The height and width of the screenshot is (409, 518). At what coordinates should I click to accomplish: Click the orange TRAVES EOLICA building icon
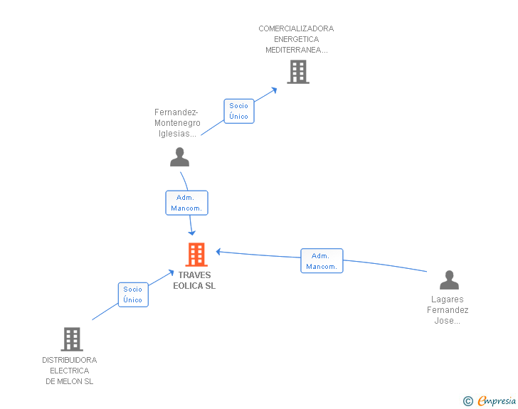(196, 255)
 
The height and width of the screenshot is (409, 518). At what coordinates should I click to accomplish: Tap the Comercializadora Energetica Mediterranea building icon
(298, 72)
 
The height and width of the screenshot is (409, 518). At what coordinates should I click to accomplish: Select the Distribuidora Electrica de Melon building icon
(72, 339)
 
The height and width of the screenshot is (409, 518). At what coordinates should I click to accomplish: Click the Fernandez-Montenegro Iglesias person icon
(180, 157)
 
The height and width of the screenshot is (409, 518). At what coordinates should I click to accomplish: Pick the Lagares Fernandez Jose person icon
(449, 280)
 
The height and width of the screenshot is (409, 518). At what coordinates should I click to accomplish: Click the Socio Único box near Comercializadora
(239, 111)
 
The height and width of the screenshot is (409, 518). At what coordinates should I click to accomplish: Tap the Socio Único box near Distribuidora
(133, 294)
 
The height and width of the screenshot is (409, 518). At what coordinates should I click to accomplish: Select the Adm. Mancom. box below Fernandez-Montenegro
(186, 203)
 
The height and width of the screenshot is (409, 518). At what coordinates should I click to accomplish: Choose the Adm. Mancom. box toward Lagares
(321, 261)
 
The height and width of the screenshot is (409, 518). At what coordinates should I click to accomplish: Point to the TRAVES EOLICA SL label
(194, 280)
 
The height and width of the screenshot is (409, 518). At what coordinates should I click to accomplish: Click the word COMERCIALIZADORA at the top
(296, 28)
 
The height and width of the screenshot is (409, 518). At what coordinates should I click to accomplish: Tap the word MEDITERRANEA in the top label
(296, 50)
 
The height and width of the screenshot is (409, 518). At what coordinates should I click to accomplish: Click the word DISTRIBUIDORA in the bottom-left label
(70, 360)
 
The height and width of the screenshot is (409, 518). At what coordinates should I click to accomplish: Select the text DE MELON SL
(70, 381)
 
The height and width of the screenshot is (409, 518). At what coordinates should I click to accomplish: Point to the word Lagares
(448, 299)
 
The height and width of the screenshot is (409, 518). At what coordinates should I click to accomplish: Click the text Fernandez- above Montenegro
(176, 112)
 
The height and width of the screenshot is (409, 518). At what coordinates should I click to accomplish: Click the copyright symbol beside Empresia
(468, 401)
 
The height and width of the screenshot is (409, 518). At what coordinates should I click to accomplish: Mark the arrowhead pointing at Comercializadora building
(275, 90)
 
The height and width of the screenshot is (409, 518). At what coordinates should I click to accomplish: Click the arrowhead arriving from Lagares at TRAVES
(219, 251)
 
